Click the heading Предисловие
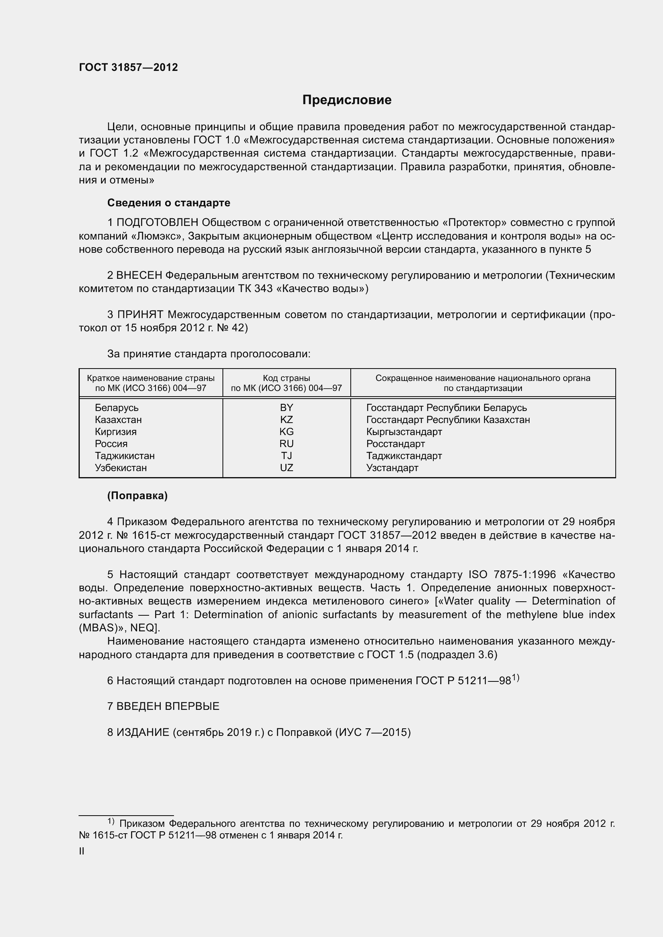(347, 100)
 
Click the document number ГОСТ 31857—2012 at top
(128, 67)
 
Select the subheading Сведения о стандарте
(169, 203)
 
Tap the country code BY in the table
(286, 408)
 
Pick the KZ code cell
(286, 419)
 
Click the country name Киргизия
(115, 432)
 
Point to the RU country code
(286, 443)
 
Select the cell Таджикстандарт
(404, 456)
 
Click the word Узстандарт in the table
(392, 467)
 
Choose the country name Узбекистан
(120, 467)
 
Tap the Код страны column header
(286, 383)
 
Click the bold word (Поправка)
(137, 496)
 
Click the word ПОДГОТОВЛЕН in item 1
(158, 223)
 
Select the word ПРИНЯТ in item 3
(140, 314)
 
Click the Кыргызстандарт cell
(404, 432)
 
